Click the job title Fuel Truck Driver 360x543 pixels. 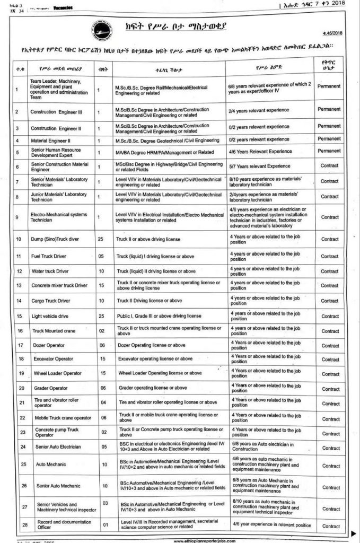49,256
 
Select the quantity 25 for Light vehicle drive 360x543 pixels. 100,316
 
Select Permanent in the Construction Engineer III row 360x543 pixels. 329,109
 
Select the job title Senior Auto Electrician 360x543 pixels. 58,447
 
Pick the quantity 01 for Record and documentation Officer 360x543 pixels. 104,524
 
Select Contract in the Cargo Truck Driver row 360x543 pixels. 329,301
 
